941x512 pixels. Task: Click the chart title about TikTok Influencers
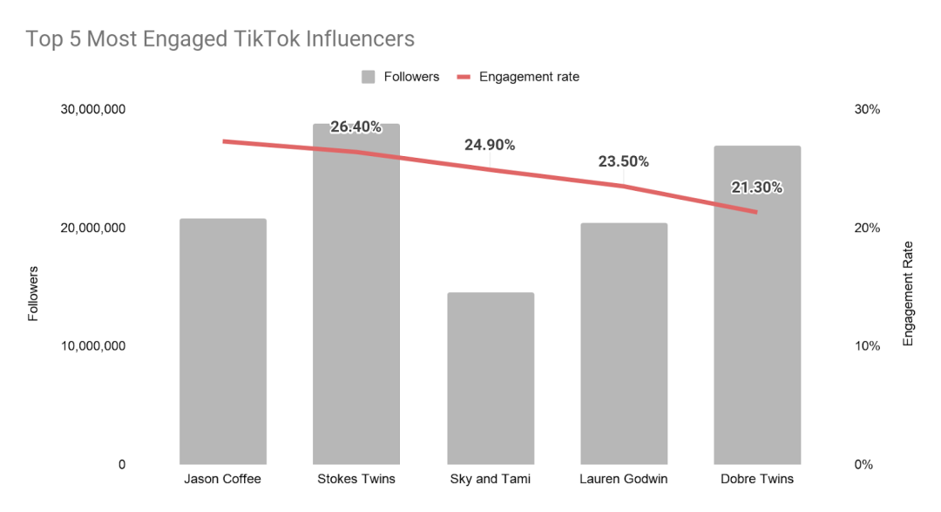coord(220,39)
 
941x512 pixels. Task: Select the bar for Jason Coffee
coord(223,341)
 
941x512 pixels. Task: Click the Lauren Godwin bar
coord(624,344)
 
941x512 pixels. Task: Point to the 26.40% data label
coord(356,127)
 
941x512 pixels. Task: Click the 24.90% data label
coord(490,145)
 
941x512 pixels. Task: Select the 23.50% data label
coord(624,161)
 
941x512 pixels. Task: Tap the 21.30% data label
coord(756,188)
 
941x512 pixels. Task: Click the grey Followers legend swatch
coord(369,77)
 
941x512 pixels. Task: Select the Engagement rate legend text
coord(529,77)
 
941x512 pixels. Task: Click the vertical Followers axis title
coord(34,293)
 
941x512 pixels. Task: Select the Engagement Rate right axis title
coord(908,293)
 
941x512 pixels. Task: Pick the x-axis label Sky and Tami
coord(491,479)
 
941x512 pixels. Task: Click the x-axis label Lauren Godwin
coord(624,479)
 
